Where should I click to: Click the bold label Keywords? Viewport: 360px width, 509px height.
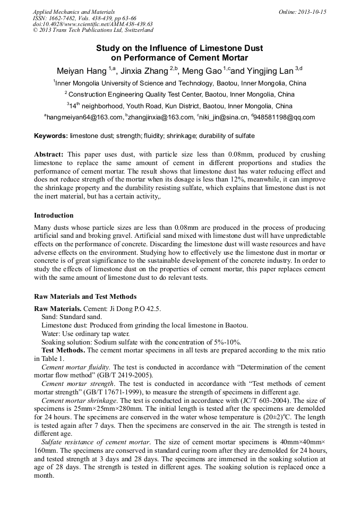click(51, 136)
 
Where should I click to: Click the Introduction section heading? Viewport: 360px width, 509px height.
click(54, 215)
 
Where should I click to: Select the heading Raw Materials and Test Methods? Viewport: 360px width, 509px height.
click(85, 297)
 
